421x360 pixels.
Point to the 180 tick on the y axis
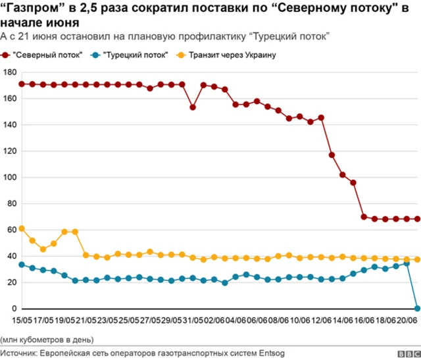pyautogui.click(x=9, y=72)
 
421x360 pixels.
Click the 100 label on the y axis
pyautogui.click(x=9, y=177)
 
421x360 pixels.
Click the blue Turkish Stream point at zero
pyautogui.click(x=417, y=307)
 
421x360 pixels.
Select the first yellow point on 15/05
pyautogui.click(x=22, y=228)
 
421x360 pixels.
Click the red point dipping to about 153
pyautogui.click(x=193, y=107)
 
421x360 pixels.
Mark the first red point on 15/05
pyautogui.click(x=22, y=84)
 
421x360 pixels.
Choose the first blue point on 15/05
pyautogui.click(x=22, y=265)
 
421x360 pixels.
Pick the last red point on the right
pyautogui.click(x=417, y=219)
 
